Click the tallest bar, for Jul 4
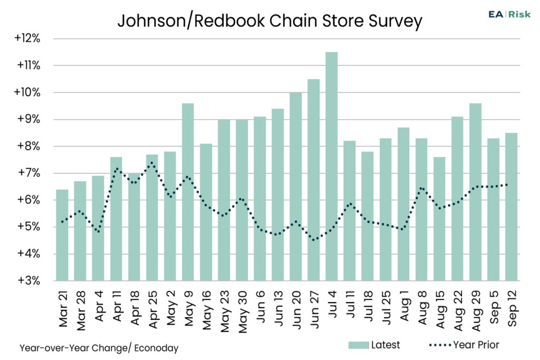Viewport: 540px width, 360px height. tap(331, 166)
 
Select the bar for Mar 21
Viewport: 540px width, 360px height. tap(62, 235)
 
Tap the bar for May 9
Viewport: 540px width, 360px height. tap(188, 192)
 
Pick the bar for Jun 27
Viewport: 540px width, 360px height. tap(313, 180)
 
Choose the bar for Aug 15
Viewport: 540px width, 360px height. tap(439, 219)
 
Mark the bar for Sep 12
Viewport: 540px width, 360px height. tap(511, 207)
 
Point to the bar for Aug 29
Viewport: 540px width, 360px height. tap(475, 192)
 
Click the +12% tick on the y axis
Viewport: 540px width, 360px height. tap(27, 38)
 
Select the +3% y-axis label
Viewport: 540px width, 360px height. tap(29, 280)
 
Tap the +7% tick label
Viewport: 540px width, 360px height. tap(29, 173)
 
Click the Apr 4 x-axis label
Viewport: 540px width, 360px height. tap(99, 306)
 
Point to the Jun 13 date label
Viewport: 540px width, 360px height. tap(278, 308)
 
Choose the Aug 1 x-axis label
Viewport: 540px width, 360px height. tap(403, 306)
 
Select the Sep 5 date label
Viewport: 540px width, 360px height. tap(494, 307)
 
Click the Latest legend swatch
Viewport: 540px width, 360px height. tap(359, 345)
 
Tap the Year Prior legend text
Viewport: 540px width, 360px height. tap(476, 345)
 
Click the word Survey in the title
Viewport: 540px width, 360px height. tap(396, 21)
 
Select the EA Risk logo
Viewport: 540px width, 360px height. tap(509, 14)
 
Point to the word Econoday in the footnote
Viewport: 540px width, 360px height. tap(156, 348)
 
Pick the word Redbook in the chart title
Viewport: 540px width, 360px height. tap(230, 21)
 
